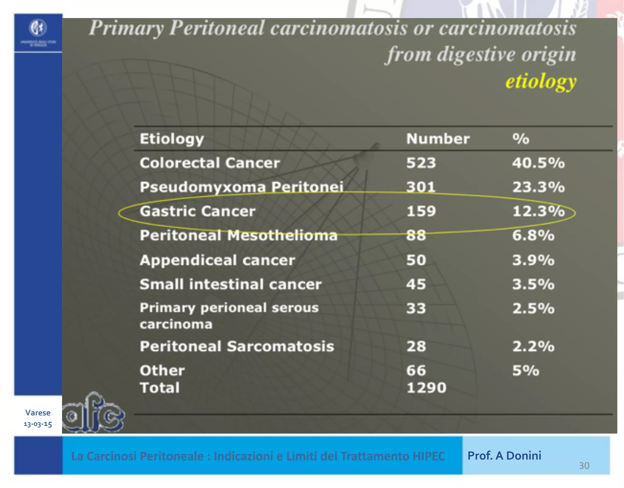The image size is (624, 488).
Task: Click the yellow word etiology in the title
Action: click(x=541, y=82)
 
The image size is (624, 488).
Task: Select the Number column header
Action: click(x=438, y=139)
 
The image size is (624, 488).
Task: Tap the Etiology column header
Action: click(x=172, y=139)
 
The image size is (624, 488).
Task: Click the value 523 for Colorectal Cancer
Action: click(x=421, y=163)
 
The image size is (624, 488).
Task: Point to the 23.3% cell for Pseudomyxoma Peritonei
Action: click(x=538, y=187)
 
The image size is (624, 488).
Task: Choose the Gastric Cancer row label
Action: click(x=197, y=211)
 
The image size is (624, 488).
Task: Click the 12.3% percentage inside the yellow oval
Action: click(x=538, y=211)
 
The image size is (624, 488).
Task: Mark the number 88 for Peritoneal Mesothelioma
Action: click(x=416, y=235)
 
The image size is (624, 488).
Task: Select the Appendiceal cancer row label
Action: click(x=217, y=260)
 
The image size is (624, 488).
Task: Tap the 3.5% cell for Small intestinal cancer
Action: click(x=533, y=284)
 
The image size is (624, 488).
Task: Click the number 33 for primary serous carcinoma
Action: click(x=416, y=308)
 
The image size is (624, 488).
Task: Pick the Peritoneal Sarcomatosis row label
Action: click(x=237, y=346)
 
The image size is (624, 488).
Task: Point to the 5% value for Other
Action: click(x=526, y=371)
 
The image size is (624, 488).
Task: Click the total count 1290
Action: click(x=426, y=388)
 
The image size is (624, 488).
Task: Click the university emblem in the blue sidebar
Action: click(x=38, y=28)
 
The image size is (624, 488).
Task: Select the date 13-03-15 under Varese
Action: click(x=38, y=424)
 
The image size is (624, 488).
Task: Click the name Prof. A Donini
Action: click(x=504, y=456)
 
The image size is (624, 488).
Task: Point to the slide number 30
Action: click(x=584, y=466)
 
